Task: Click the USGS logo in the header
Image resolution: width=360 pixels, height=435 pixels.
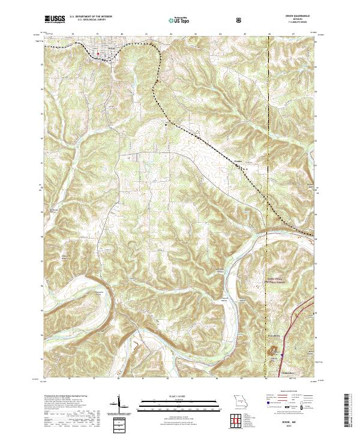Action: (x=55, y=20)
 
